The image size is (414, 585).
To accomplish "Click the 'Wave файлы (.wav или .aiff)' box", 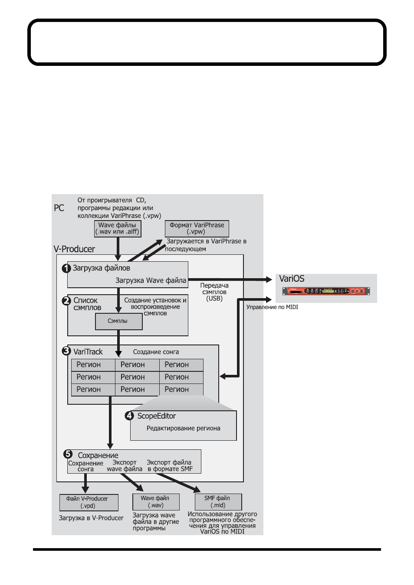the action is (x=118, y=228).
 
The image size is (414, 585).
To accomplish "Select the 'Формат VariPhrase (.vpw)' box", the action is (x=197, y=228).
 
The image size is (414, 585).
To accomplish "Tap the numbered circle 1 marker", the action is (x=66, y=268).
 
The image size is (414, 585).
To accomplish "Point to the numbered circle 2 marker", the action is (x=66, y=301).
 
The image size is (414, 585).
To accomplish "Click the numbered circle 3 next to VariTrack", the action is (x=66, y=351).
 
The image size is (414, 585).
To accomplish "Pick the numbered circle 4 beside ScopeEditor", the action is (x=129, y=416).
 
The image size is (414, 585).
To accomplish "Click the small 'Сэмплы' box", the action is (x=119, y=321).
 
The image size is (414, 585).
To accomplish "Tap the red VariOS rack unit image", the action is (x=326, y=291).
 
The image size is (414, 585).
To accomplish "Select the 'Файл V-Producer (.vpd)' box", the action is (x=89, y=502).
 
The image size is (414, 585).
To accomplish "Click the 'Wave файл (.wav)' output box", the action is (x=156, y=502).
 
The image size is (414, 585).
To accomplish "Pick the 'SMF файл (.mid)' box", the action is (x=218, y=502).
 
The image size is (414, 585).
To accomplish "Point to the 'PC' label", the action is (x=59, y=208).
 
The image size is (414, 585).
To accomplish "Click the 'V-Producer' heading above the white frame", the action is (x=74, y=249).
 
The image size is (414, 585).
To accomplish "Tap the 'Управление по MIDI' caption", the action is (x=272, y=307).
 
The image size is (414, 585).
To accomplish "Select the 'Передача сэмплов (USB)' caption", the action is (x=214, y=292).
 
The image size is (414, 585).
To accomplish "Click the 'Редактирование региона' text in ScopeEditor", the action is (x=183, y=428).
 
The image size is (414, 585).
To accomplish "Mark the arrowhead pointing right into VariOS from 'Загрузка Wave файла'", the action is (x=269, y=279).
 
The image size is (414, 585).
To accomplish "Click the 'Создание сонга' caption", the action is (x=156, y=352).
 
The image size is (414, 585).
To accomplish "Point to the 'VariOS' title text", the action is (x=292, y=278).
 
